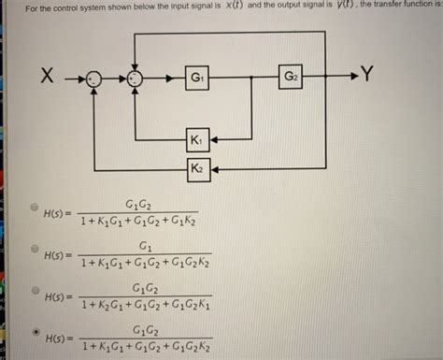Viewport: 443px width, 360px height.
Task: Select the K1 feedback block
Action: tap(198, 140)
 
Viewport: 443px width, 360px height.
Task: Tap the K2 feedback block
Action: tap(198, 168)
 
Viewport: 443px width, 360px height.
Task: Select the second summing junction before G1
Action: tap(136, 79)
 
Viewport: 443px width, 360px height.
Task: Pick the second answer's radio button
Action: tap(35, 250)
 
